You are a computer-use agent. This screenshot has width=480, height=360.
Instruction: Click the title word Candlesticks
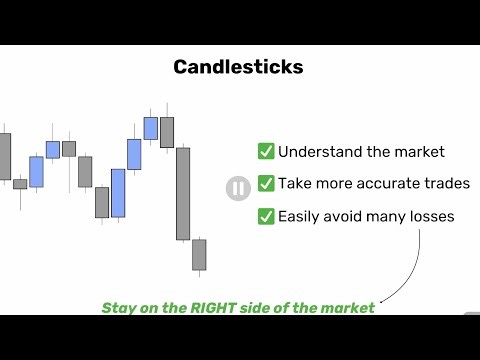click(x=238, y=68)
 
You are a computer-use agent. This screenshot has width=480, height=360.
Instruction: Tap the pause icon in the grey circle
click(x=238, y=188)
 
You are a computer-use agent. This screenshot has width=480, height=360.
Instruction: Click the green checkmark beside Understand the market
click(x=266, y=152)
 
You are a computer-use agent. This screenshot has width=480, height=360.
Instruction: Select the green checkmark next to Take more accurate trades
click(x=266, y=184)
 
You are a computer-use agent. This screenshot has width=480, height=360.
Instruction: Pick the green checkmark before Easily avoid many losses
click(x=266, y=216)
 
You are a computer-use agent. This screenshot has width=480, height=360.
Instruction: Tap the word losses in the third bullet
click(x=429, y=216)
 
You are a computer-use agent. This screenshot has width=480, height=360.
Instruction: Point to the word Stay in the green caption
click(x=119, y=308)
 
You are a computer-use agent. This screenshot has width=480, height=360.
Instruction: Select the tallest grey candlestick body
click(x=183, y=194)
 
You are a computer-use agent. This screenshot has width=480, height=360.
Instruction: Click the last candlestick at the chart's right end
click(x=199, y=253)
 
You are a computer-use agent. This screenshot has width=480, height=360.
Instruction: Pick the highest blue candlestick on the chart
click(x=151, y=128)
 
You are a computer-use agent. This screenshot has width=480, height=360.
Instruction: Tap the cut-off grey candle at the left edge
click(x=5, y=155)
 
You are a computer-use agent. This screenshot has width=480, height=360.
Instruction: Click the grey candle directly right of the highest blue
click(x=167, y=132)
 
